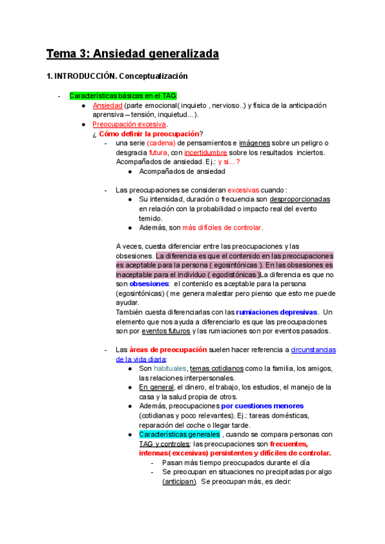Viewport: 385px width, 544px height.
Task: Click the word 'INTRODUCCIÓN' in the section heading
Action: [x=85, y=76]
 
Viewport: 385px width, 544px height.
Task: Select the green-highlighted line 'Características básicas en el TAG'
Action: [x=123, y=96]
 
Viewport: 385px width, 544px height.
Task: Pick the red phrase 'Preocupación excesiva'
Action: [x=130, y=124]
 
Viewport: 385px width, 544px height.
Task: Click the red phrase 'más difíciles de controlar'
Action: [x=222, y=228]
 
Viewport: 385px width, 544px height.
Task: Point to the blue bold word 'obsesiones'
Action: [x=149, y=284]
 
